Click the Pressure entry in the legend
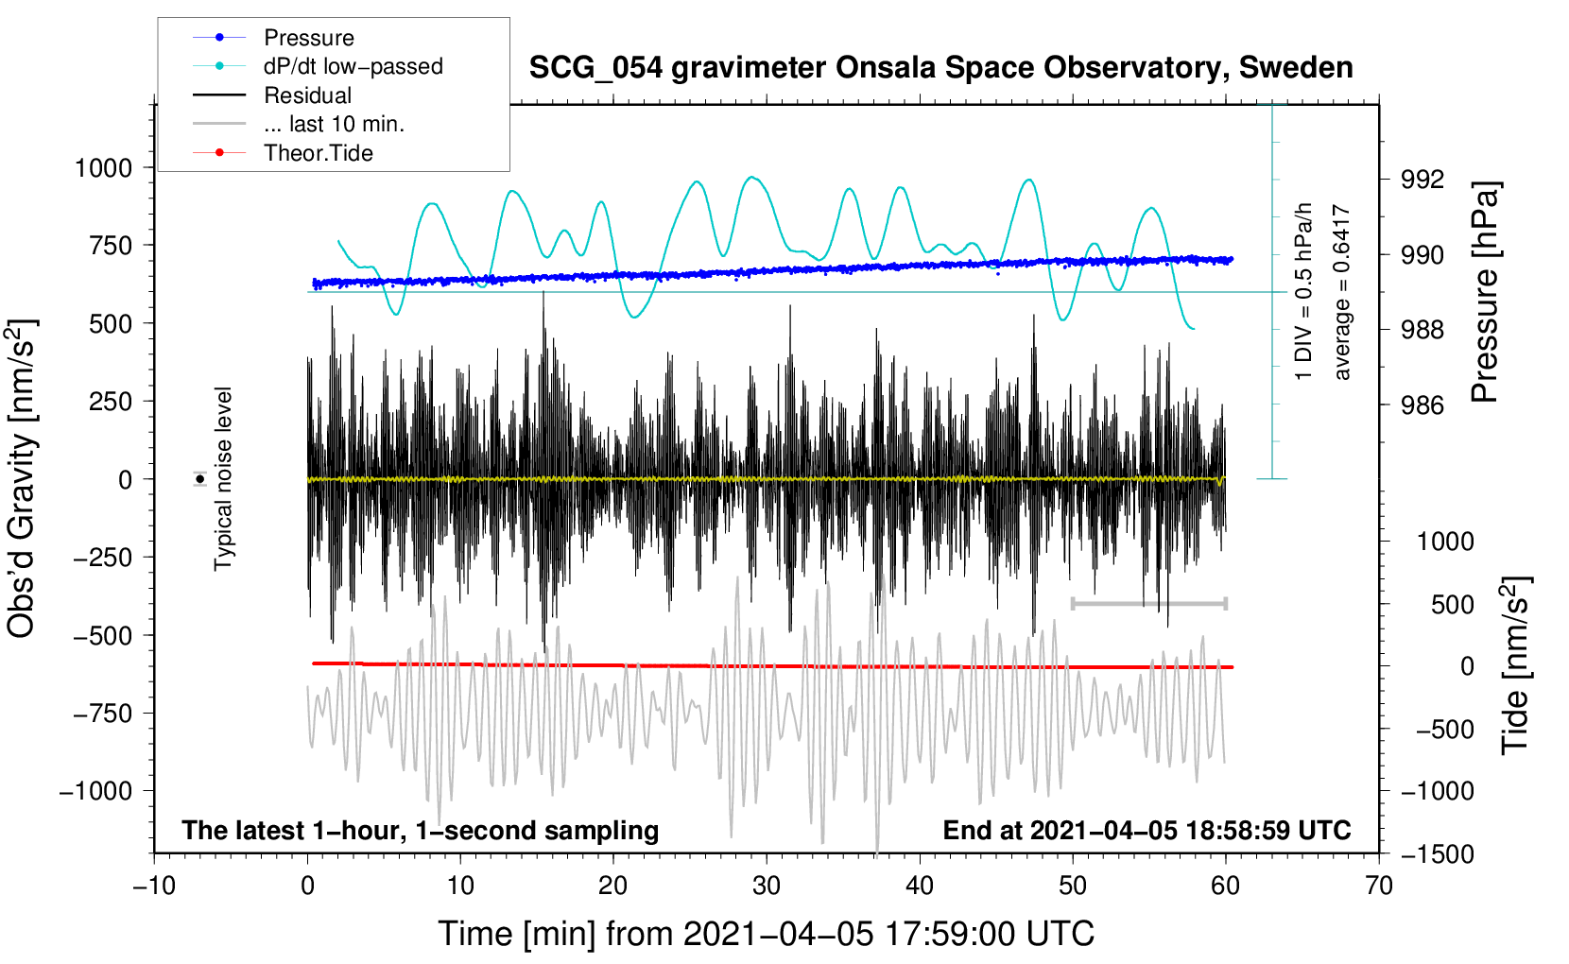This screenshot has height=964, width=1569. (x=308, y=38)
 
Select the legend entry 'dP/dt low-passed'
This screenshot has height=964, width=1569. (x=353, y=66)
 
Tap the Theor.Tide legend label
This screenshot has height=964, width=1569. (x=318, y=153)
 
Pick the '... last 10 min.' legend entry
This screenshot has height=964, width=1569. (x=334, y=124)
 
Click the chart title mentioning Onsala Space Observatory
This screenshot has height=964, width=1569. (x=940, y=68)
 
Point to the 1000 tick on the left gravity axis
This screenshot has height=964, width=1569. (x=103, y=168)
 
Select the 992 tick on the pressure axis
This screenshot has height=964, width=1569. (x=1422, y=180)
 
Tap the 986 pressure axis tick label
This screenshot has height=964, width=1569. (x=1422, y=405)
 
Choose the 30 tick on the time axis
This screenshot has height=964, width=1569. (x=767, y=887)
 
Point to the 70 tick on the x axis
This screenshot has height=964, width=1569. (x=1379, y=887)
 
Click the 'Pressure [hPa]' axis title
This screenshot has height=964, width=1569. (x=1486, y=293)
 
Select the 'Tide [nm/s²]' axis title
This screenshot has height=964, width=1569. (x=1515, y=665)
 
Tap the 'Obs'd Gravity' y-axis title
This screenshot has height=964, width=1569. (x=22, y=478)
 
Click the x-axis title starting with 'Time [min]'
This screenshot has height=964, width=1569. (x=766, y=934)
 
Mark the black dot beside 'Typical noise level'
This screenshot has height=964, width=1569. (x=200, y=479)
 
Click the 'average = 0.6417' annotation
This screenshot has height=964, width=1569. (x=1342, y=293)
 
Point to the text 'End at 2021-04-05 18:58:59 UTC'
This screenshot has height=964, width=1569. (x=1147, y=831)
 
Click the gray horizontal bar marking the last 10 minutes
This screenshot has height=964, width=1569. (x=1149, y=603)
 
